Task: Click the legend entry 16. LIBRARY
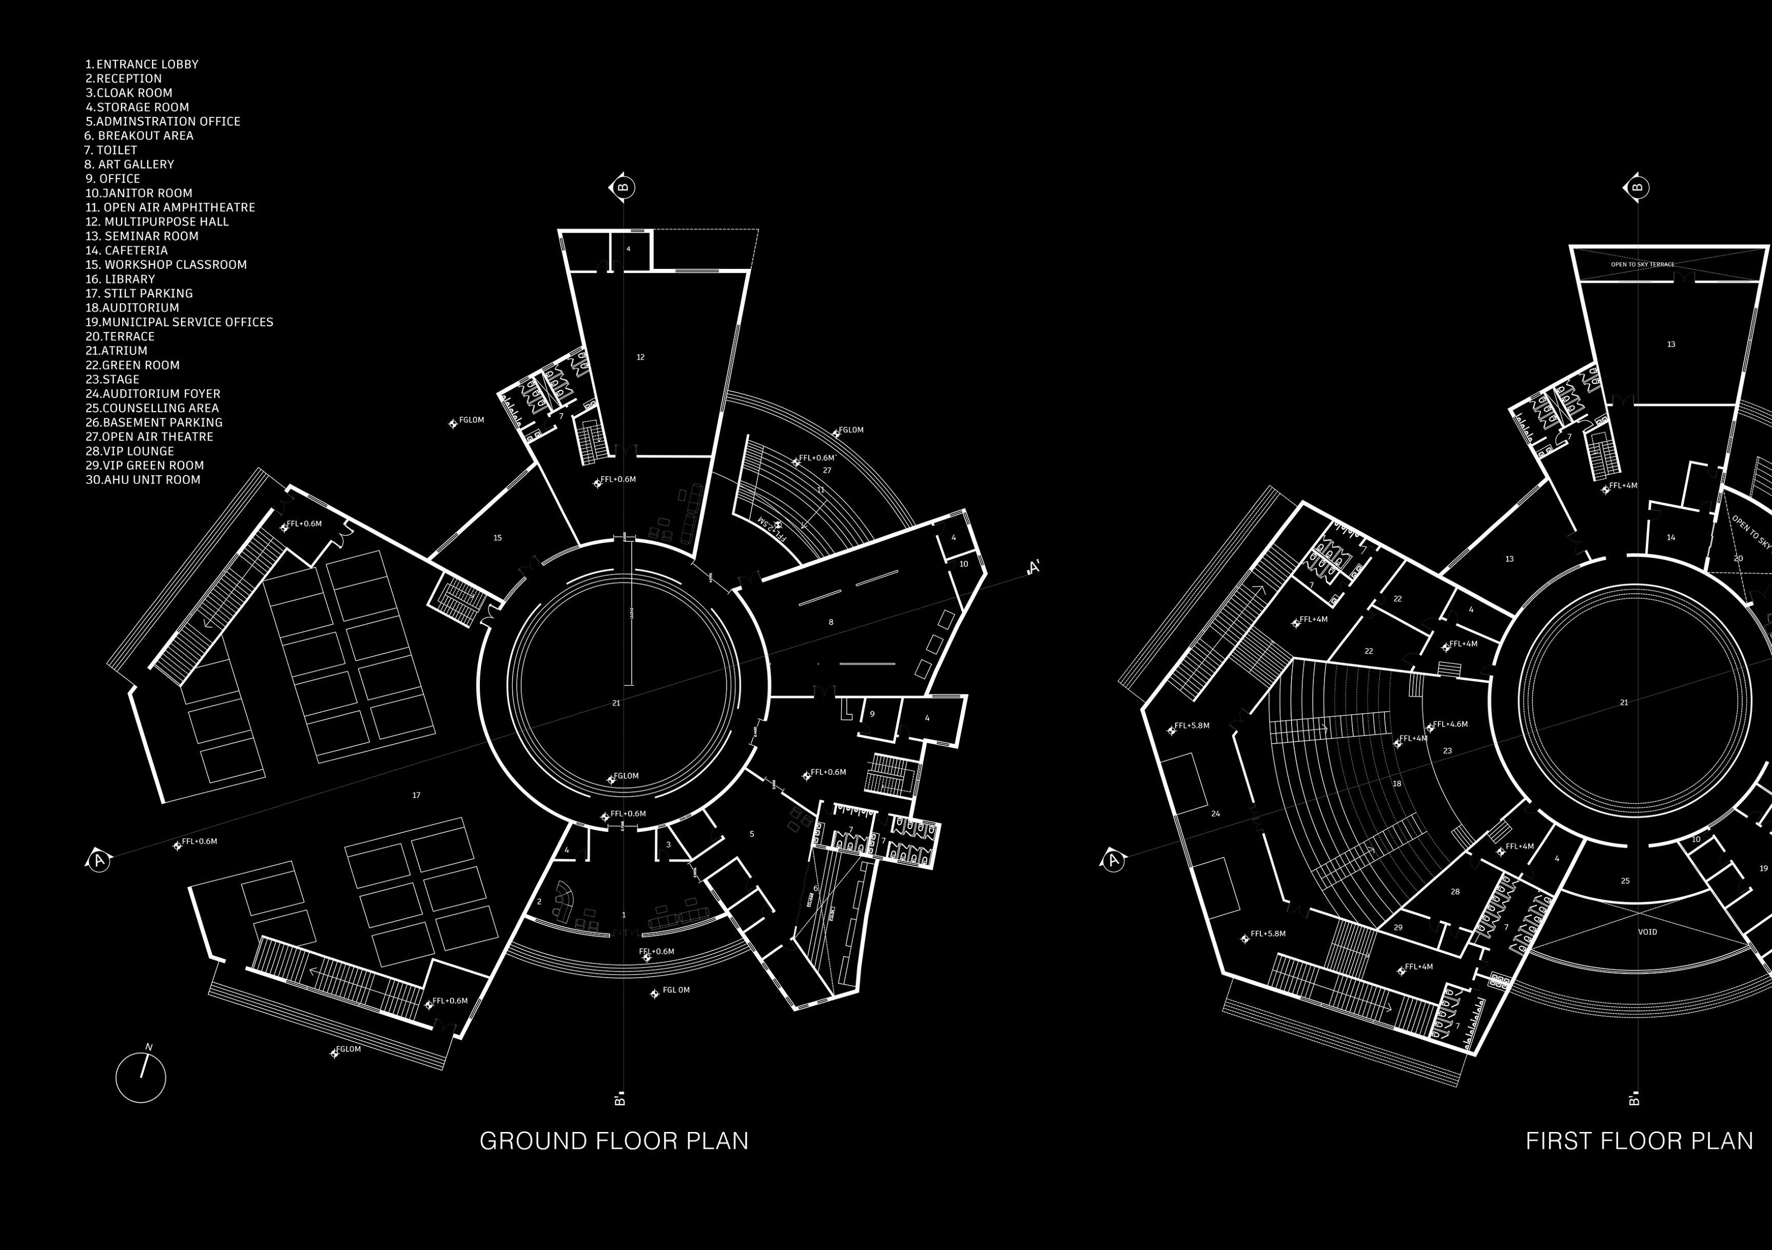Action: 121,279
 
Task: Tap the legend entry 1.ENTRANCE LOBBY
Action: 142,65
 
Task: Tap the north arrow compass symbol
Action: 141,1077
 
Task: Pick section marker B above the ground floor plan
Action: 623,187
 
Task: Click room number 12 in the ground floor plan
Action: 640,357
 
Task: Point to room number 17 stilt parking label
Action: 417,795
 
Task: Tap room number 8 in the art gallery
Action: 830,622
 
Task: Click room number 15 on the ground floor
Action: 498,538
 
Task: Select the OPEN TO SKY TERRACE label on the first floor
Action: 1642,265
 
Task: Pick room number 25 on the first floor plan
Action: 1625,881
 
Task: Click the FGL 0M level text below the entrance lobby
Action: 676,990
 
